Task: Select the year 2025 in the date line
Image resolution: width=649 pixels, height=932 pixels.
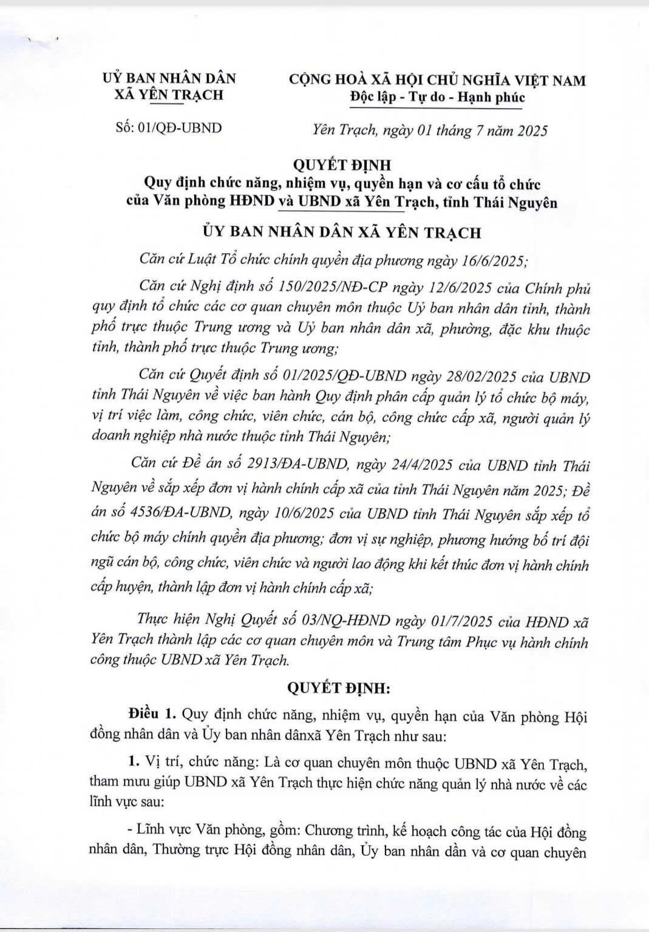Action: point(527,131)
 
